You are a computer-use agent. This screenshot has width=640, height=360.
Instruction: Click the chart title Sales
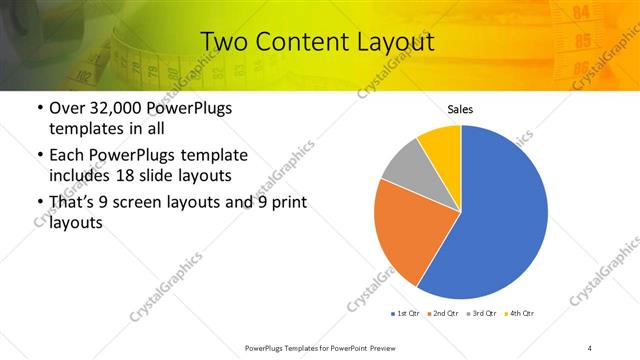click(460, 109)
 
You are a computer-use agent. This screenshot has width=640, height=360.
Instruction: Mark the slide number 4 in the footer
click(590, 347)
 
